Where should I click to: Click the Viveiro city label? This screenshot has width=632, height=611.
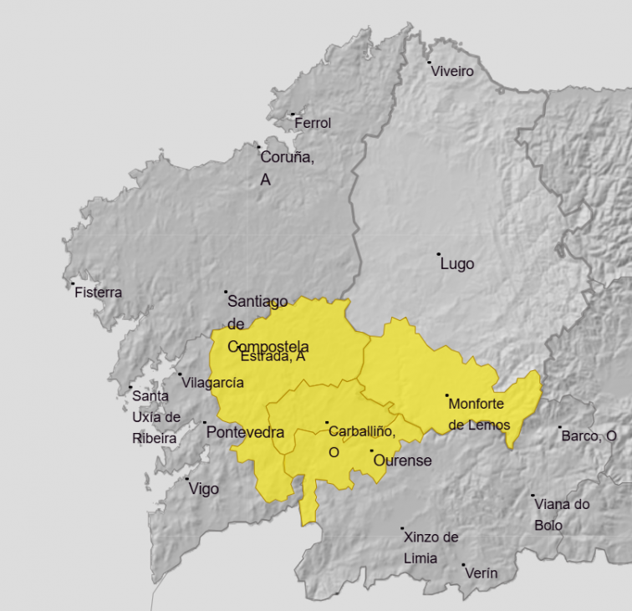coord(452,72)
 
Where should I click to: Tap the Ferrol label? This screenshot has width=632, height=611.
coord(313,123)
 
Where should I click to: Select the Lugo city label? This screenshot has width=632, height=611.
coord(456,264)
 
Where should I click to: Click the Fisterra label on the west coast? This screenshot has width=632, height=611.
coord(98,293)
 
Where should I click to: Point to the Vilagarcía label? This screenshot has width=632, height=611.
coord(214,382)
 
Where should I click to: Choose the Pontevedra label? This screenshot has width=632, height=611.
coord(245,433)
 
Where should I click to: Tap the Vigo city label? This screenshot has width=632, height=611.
coord(203,489)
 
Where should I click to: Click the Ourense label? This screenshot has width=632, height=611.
coord(402,461)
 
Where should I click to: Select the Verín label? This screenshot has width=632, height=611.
coord(481,573)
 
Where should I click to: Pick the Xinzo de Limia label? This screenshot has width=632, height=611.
coord(431,547)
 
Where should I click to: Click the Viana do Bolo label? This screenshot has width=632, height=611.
coord(561,514)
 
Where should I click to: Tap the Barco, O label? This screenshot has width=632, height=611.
coord(589,435)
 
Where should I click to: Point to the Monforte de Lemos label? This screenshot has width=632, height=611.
coord(479,414)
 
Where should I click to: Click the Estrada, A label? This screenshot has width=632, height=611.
coord(273,357)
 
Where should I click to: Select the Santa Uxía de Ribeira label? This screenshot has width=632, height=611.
coord(155,417)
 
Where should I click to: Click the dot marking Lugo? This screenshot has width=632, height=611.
coord(438,253)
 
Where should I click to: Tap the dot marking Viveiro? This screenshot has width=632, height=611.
coord(429,63)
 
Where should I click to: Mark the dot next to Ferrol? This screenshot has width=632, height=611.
coord(293,115)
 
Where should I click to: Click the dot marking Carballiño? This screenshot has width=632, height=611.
coord(327,422)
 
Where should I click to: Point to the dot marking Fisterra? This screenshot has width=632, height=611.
coord(73,283)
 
